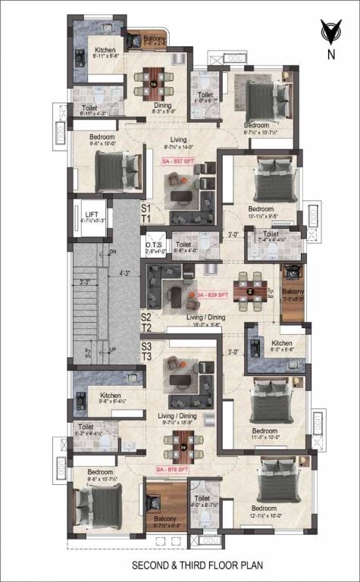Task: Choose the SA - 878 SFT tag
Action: [173, 470]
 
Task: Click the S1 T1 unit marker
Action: [146, 211]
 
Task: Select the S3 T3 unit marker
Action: [147, 351]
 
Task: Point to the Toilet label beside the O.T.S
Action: [183, 245]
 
